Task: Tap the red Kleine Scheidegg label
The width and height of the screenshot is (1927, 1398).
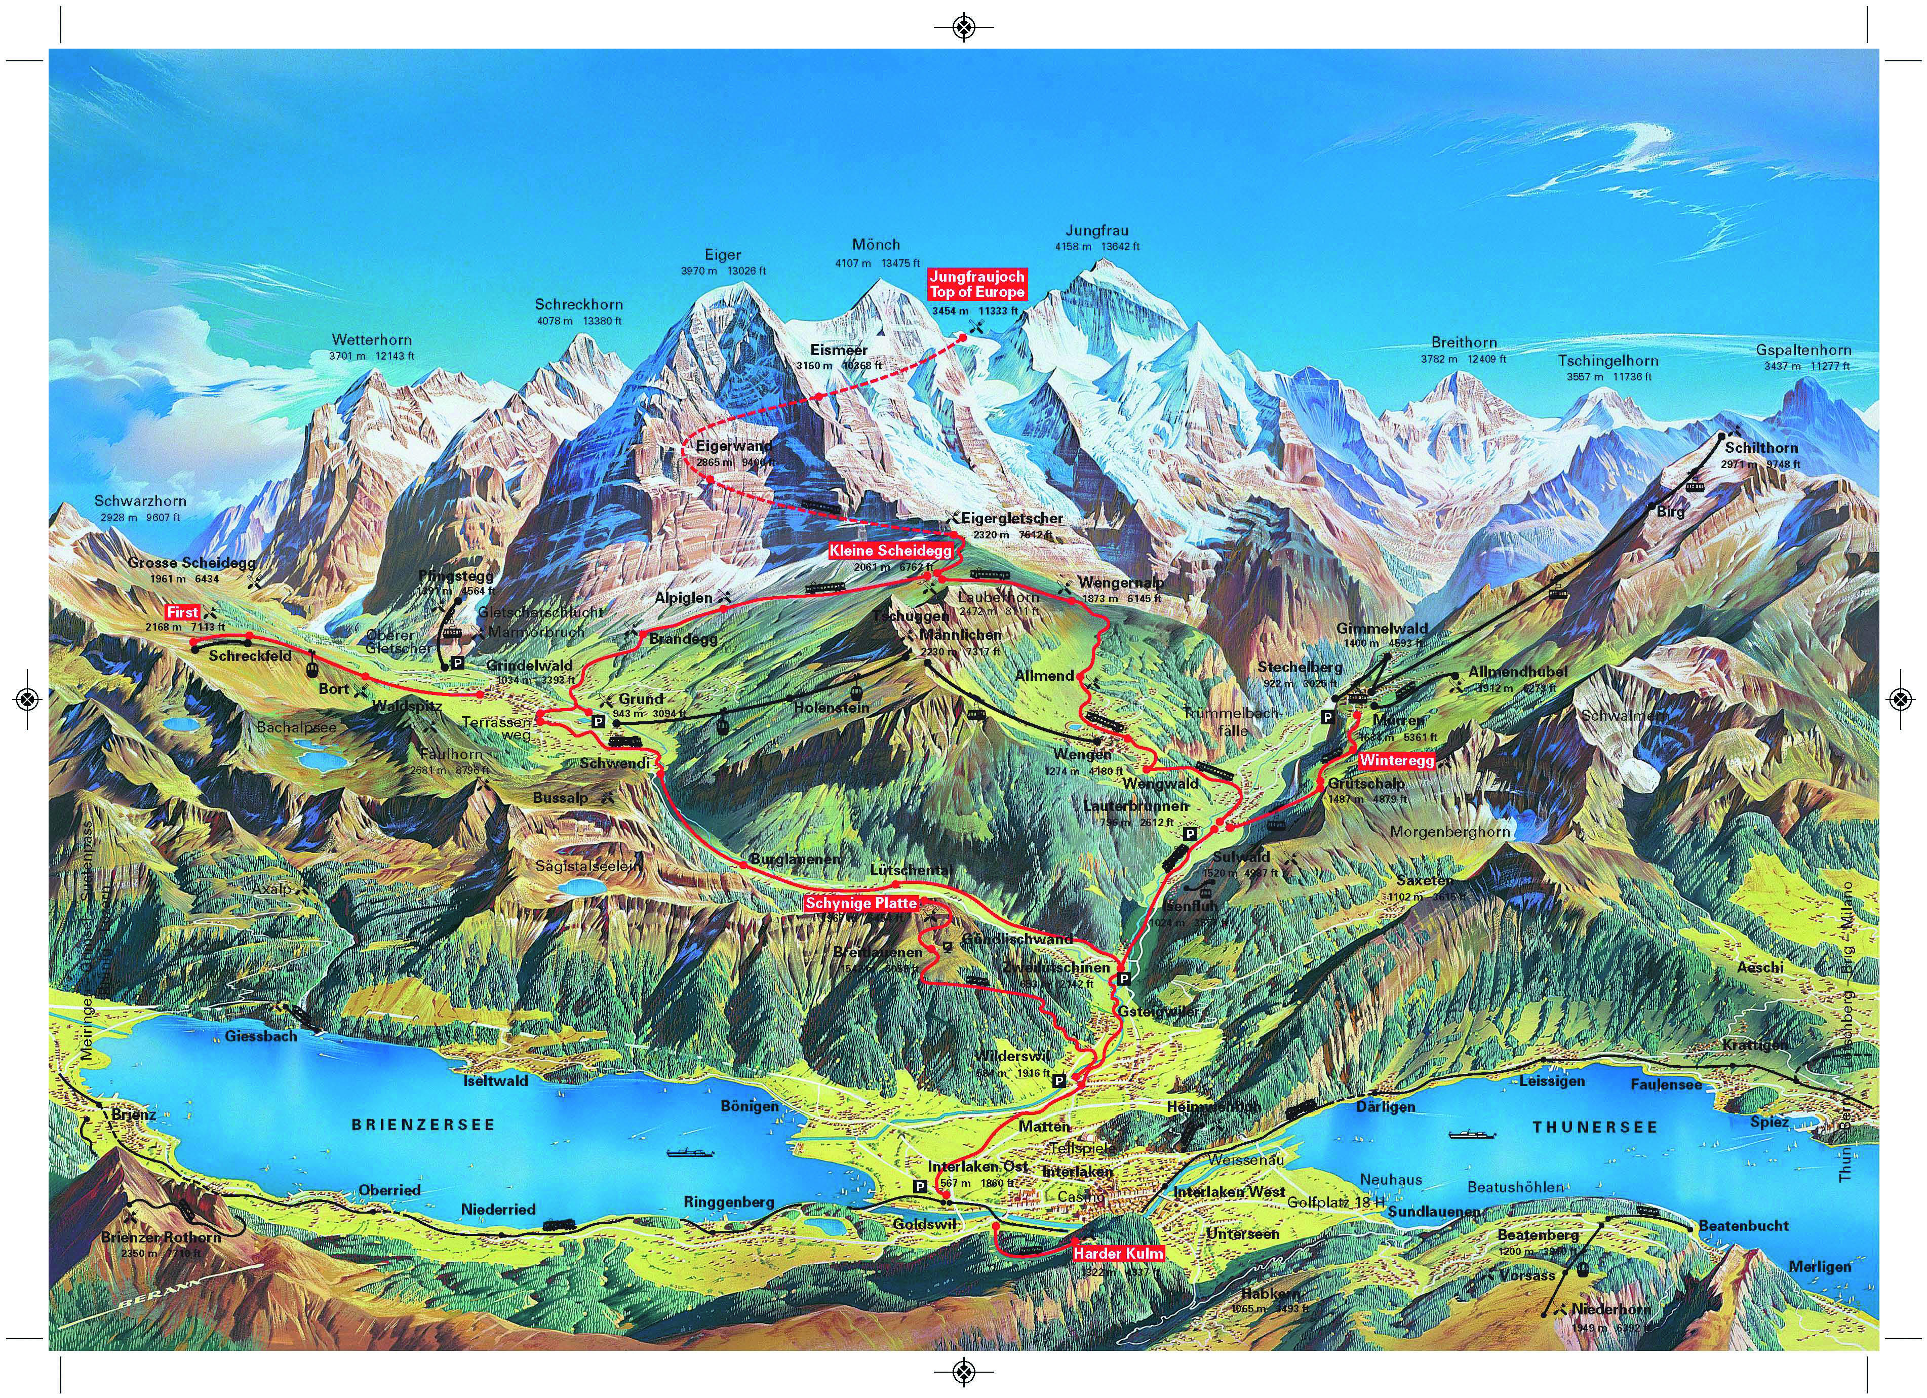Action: point(890,551)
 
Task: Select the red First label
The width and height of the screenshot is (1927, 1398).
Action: point(183,612)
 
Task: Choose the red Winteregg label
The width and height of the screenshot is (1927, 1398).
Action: point(1397,761)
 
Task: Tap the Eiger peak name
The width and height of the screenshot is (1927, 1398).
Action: point(723,255)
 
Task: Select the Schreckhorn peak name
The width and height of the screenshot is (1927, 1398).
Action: point(579,304)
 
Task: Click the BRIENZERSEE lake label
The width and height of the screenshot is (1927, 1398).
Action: point(423,1124)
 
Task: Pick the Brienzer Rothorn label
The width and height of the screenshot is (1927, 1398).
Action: point(162,1237)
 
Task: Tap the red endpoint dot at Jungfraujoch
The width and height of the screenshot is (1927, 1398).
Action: point(963,338)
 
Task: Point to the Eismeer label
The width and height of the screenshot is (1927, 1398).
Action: point(839,350)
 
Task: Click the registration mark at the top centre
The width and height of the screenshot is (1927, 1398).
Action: point(963,27)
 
